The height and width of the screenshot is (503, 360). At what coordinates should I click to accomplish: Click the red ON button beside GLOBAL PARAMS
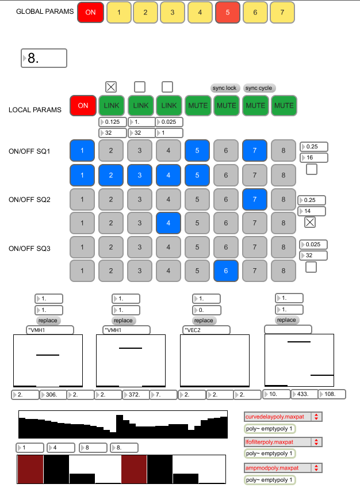90,12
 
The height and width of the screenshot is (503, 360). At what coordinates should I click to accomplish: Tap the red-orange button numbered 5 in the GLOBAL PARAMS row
228,12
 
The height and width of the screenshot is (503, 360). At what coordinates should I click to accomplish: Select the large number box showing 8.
44,58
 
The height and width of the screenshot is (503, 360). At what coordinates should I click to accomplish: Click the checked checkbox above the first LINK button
111,87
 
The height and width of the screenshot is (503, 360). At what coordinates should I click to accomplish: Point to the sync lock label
224,88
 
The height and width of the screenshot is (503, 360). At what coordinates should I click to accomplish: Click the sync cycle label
258,88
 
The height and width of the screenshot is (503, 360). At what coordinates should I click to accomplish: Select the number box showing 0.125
113,122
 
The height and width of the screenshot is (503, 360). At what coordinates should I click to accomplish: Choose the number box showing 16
314,158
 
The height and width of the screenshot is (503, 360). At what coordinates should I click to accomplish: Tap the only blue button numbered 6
227,270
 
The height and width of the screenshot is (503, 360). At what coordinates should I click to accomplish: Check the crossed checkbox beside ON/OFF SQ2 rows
310,222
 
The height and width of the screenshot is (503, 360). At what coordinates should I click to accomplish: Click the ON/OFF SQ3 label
29,249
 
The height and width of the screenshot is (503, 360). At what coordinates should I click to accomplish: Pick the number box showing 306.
53,394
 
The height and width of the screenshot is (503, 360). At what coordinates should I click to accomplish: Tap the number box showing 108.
332,394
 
